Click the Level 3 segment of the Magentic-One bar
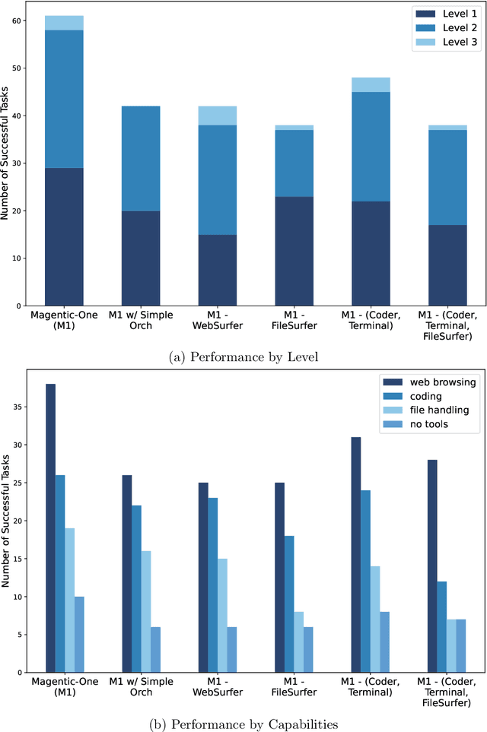pyautogui.click(x=64, y=23)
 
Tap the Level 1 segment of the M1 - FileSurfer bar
pyautogui.click(x=294, y=251)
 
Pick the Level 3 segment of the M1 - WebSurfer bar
pyautogui.click(x=217, y=115)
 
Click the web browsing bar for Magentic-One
pyautogui.click(x=50, y=528)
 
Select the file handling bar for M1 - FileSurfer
pyautogui.click(x=298, y=642)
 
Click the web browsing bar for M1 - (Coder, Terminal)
pyautogui.click(x=356, y=554)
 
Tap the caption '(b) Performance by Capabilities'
pyautogui.click(x=243, y=719)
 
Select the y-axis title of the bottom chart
pyautogui.click(x=7, y=524)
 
